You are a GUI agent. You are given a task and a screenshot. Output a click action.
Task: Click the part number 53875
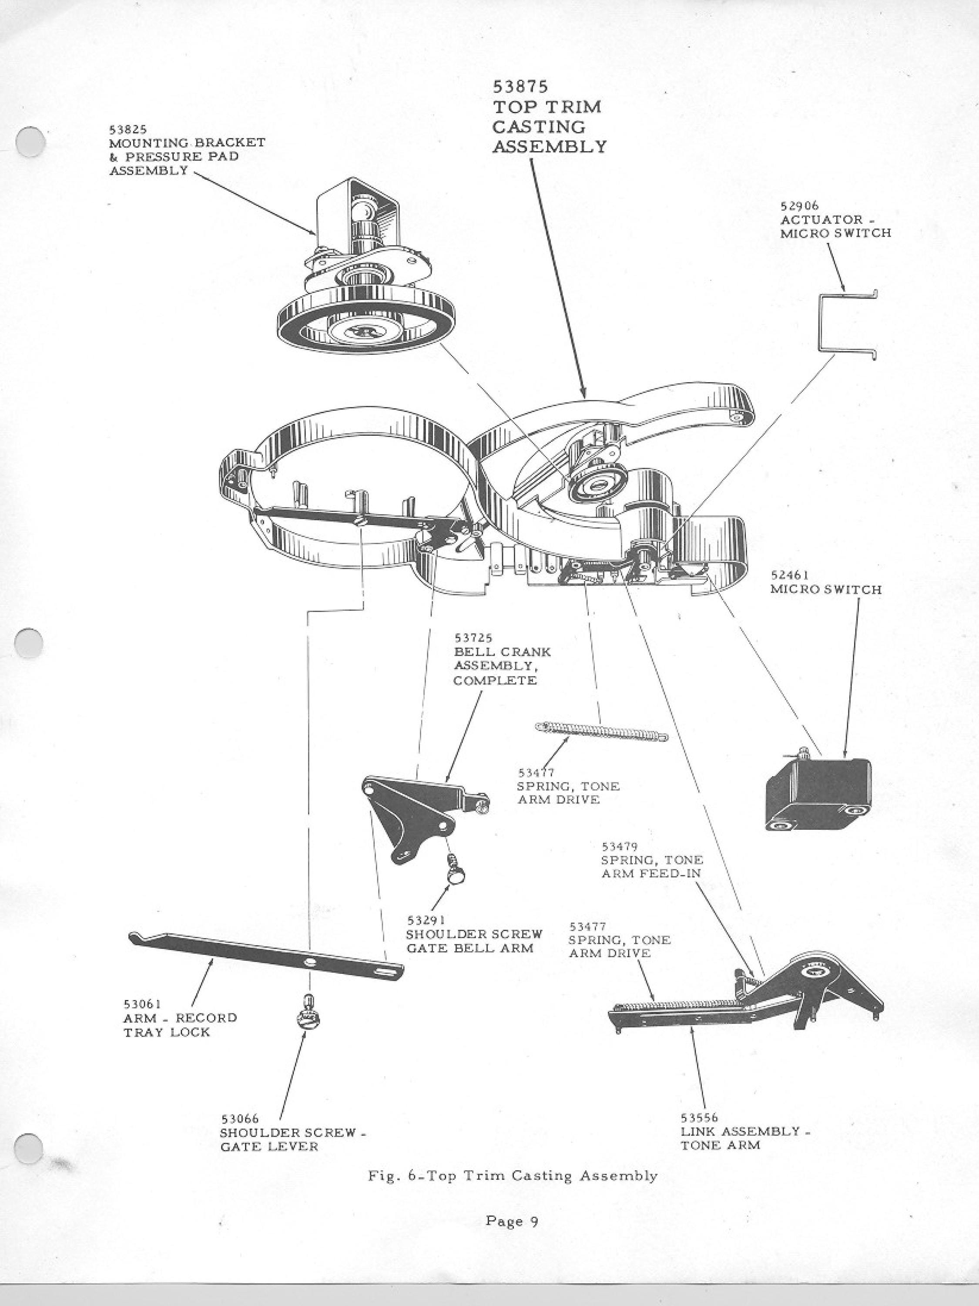[x=520, y=87]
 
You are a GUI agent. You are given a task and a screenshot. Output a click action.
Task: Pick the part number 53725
[x=473, y=638]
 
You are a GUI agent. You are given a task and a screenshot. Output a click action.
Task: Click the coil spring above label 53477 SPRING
[x=601, y=730]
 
